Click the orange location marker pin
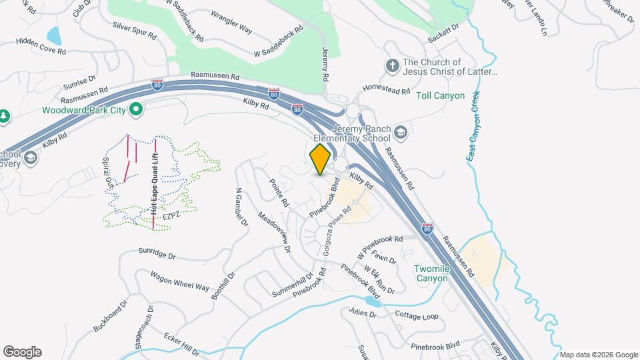tap(321, 159)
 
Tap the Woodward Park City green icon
tap(136, 109)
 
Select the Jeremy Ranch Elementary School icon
tap(400, 131)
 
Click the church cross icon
tap(391, 65)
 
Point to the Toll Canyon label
tap(440, 95)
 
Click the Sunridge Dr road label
tap(157, 255)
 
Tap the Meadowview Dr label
tap(275, 232)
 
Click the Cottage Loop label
tap(417, 315)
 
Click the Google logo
tap(22, 352)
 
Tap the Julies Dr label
tap(362, 313)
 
